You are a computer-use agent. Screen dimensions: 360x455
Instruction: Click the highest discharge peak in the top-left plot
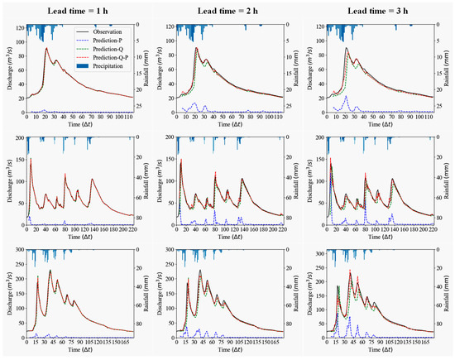pos(48,49)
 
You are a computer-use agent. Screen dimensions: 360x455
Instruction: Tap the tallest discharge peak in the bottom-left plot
pos(50,271)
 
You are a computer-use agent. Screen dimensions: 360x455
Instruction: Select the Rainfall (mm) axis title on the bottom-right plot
pos(451,290)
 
